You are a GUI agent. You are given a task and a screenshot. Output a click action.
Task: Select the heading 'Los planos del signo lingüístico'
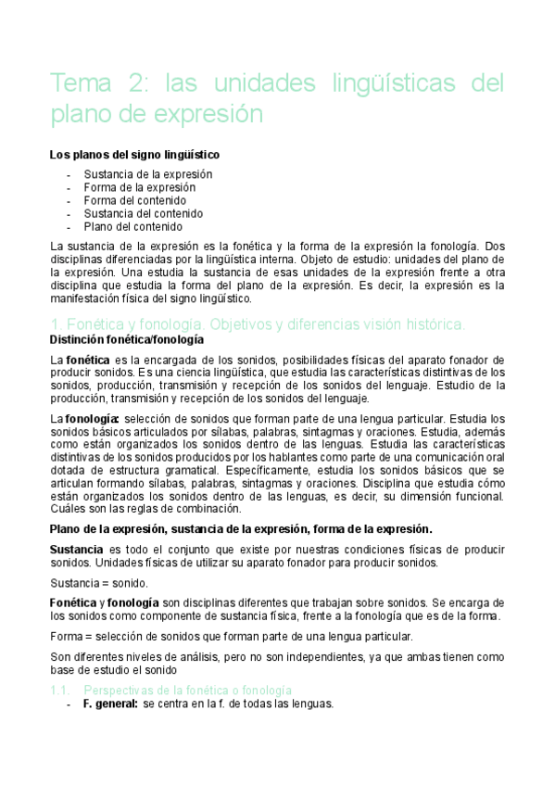point(134,154)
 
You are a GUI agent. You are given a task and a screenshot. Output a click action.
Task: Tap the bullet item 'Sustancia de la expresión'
point(147,174)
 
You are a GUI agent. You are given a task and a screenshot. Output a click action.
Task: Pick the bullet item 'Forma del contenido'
point(134,200)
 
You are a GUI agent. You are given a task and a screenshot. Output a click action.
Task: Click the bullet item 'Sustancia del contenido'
point(143,213)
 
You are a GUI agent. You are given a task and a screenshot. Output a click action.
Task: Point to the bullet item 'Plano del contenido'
point(132,226)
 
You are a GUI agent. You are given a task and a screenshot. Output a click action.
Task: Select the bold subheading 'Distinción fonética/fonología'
point(126,340)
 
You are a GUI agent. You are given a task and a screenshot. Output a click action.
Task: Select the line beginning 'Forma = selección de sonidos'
point(231,637)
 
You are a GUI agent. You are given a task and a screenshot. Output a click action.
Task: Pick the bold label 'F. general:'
point(110,704)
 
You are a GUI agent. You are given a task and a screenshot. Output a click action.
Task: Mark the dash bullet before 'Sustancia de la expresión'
point(70,174)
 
